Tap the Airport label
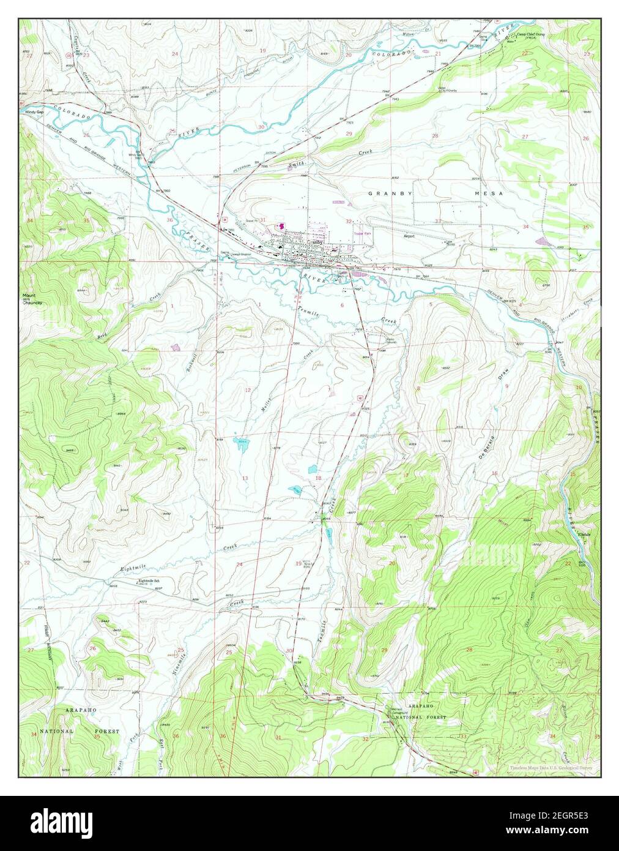tap(409, 236)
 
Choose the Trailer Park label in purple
tap(363, 233)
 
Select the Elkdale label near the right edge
tap(585, 534)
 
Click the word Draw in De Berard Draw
tap(506, 391)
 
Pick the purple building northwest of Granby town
tap(281, 227)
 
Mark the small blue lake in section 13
tap(242, 443)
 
